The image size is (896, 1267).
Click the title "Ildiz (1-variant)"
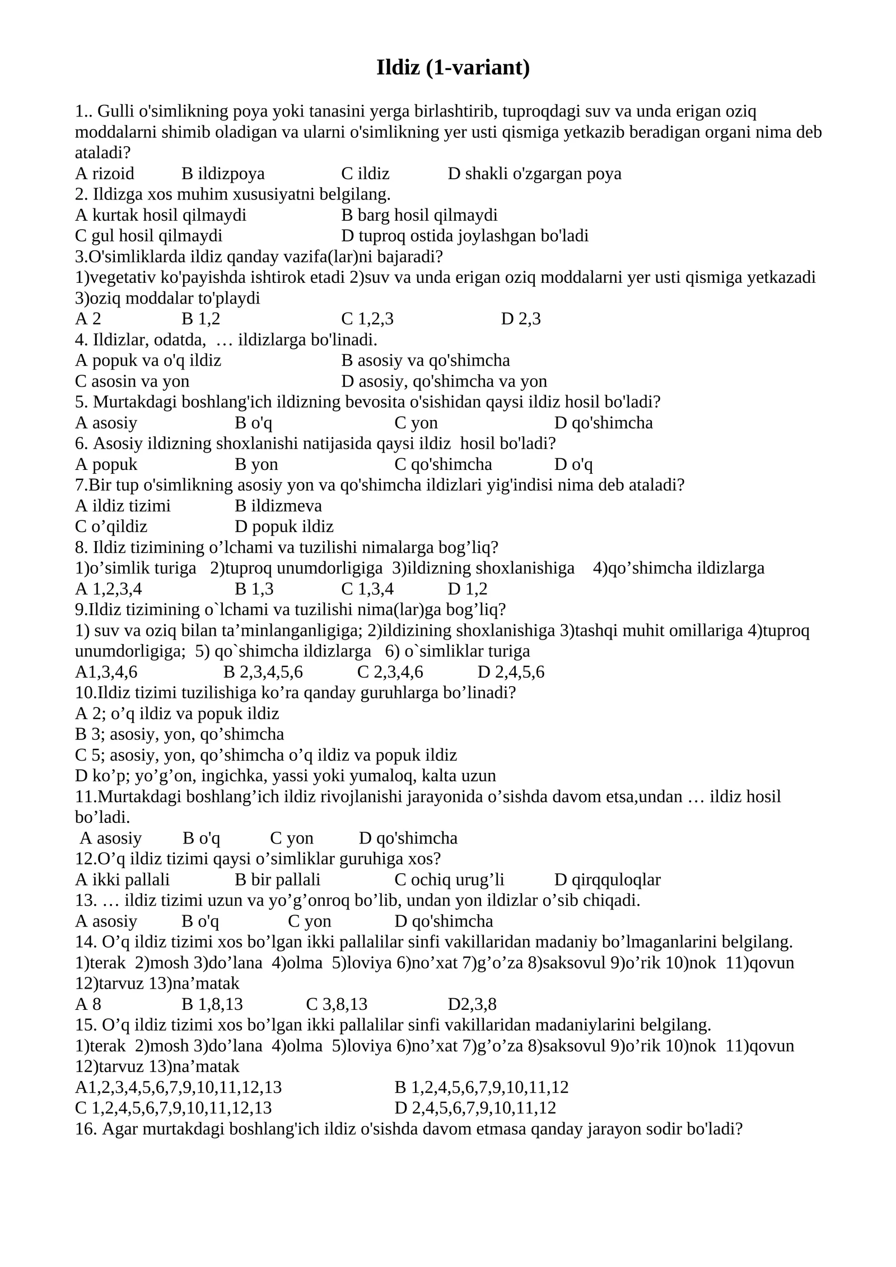[453, 68]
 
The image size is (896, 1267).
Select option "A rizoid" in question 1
[105, 174]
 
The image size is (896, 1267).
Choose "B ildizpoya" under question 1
[223, 174]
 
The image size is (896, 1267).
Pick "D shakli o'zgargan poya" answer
[534, 174]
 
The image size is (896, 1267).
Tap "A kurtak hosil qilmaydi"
[161, 215]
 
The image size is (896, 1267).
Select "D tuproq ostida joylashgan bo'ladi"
[465, 236]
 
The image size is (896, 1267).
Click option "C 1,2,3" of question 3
[367, 319]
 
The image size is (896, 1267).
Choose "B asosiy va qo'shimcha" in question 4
[426, 360]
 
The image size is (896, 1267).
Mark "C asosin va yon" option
[132, 381]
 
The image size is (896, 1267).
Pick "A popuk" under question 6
[106, 464]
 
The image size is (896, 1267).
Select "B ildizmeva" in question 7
[278, 506]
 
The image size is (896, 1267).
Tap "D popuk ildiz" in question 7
[284, 527]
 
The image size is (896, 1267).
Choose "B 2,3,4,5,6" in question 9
[263, 672]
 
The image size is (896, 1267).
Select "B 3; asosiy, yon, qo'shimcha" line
[179, 734]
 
